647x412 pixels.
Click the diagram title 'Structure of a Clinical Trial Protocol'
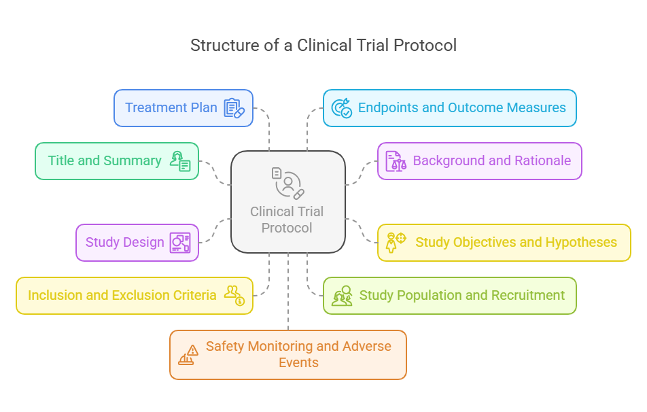[323, 46]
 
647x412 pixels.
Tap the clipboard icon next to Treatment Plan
[233, 108]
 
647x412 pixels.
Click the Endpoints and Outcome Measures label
[461, 107]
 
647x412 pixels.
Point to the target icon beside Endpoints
[341, 108]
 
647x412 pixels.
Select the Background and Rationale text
[491, 161]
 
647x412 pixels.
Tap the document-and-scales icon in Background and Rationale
[395, 161]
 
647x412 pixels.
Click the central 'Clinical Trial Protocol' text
[287, 220]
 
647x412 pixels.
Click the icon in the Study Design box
[181, 243]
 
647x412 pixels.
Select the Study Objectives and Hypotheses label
[516, 243]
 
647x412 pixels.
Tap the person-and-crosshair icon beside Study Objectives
[396, 241]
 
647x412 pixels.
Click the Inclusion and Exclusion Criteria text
[122, 296]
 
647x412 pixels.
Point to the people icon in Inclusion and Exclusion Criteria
[235, 295]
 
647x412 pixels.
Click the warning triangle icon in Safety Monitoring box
[188, 354]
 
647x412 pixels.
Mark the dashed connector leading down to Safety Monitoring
[288, 292]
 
